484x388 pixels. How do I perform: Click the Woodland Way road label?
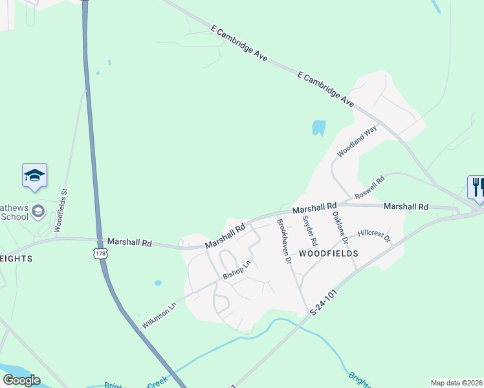357,142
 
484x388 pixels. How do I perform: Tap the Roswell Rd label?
369,188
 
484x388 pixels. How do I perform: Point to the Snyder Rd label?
309,230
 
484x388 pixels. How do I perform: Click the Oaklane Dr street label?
340,228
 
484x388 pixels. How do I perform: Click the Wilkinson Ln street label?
159,315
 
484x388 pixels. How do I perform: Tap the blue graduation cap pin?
35,176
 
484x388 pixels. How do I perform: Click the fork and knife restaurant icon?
477,187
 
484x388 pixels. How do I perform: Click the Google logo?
21,380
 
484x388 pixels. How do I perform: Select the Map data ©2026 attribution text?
457,383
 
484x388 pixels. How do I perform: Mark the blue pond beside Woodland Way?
318,128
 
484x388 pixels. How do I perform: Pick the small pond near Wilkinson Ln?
158,283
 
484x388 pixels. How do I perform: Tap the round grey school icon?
38,210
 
